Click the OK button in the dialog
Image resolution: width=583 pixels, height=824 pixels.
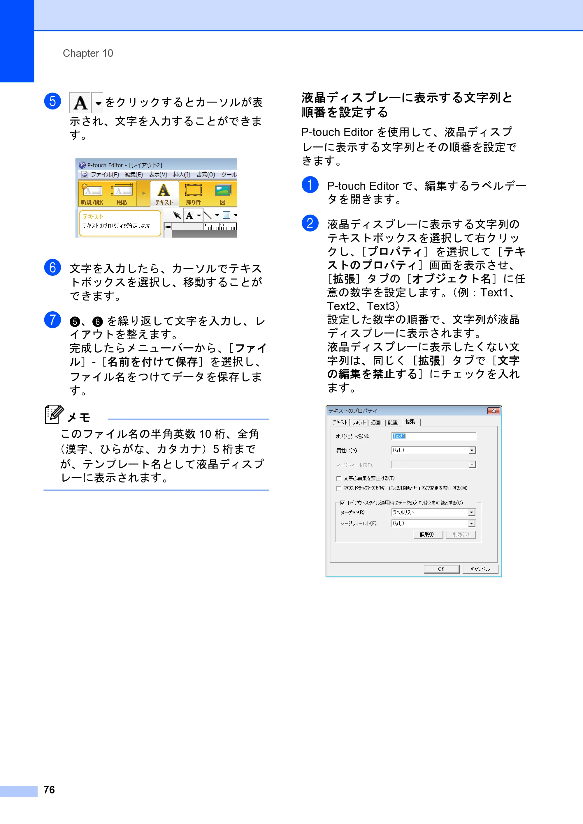coord(441,569)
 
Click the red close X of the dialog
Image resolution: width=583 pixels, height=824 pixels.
coord(494,411)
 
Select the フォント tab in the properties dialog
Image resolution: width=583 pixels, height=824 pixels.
coord(359,422)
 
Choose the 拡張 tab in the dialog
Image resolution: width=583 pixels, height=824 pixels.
coord(410,422)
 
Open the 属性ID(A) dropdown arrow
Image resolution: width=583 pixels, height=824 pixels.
coord(472,450)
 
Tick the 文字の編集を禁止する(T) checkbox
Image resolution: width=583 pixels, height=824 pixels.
coord(338,478)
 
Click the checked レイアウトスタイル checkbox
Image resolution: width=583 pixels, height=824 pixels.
coord(342,503)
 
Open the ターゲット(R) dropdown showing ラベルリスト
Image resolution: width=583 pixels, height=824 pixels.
coord(472,512)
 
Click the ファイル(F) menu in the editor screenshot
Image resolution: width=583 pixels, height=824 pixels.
coord(105,174)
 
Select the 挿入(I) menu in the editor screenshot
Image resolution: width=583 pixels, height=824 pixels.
coord(182,174)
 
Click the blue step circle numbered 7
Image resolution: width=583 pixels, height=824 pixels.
coord(52,319)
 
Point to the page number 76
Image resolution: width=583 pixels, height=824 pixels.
coord(49,790)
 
